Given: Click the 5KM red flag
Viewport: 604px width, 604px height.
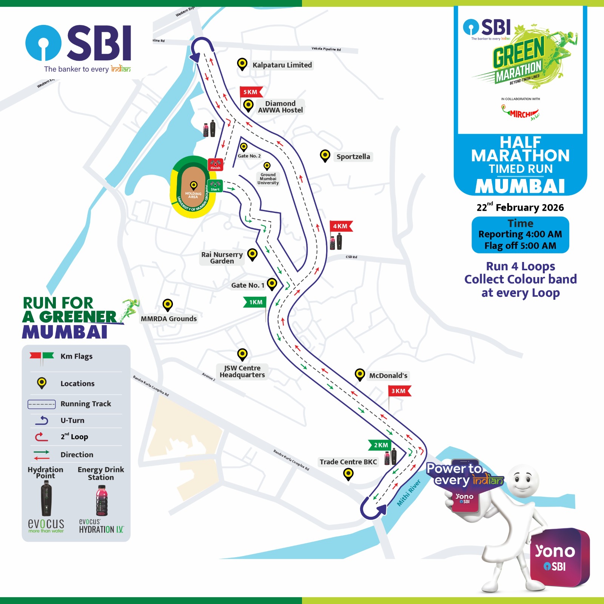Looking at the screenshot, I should [250, 92].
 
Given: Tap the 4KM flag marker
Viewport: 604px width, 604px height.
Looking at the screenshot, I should [341, 226].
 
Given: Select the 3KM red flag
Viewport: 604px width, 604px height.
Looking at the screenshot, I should [399, 391].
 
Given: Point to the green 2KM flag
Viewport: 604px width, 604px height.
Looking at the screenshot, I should [381, 445].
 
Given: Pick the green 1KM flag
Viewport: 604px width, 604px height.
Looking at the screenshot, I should [256, 302].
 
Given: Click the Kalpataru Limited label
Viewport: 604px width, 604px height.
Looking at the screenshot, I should [282, 65].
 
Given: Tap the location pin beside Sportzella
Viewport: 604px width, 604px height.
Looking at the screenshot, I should [325, 155].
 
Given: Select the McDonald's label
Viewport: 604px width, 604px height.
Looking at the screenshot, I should [388, 376].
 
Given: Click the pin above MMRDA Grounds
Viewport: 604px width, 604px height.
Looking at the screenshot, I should [168, 304].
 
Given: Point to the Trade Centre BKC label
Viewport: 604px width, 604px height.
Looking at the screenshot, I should [348, 462].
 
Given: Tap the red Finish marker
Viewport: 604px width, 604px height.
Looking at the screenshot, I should [215, 165].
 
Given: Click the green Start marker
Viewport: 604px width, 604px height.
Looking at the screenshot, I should [215, 186].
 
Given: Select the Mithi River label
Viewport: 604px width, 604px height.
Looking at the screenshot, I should [409, 493].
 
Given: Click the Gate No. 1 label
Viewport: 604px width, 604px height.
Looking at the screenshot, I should [248, 285].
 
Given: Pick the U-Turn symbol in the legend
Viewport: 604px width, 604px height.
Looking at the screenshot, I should [42, 420].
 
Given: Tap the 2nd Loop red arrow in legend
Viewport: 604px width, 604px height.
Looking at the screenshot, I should [41, 437].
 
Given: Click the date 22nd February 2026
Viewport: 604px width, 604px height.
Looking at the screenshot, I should [520, 207].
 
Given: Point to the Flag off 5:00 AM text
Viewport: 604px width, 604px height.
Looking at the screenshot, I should [520, 246].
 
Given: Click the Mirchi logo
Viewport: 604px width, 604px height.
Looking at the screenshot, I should [521, 113].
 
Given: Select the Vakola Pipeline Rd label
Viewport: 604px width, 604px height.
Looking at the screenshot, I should [326, 49].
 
